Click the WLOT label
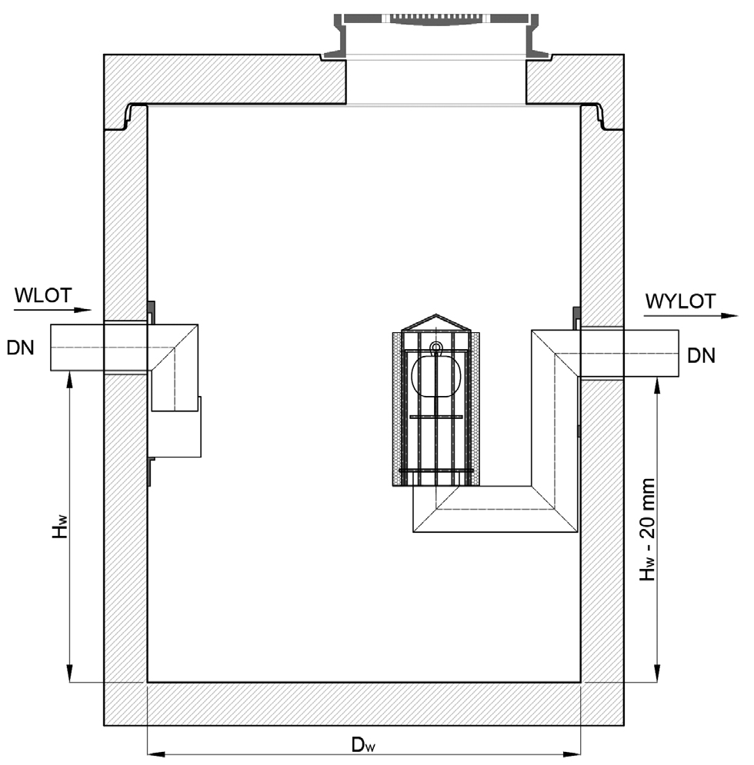(43, 295)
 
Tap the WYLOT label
(680, 301)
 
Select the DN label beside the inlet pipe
(21, 348)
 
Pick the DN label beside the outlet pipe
(701, 356)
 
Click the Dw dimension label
(363, 744)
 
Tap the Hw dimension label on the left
(60, 527)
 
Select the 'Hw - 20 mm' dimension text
(648, 530)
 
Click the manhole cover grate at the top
(436, 18)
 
